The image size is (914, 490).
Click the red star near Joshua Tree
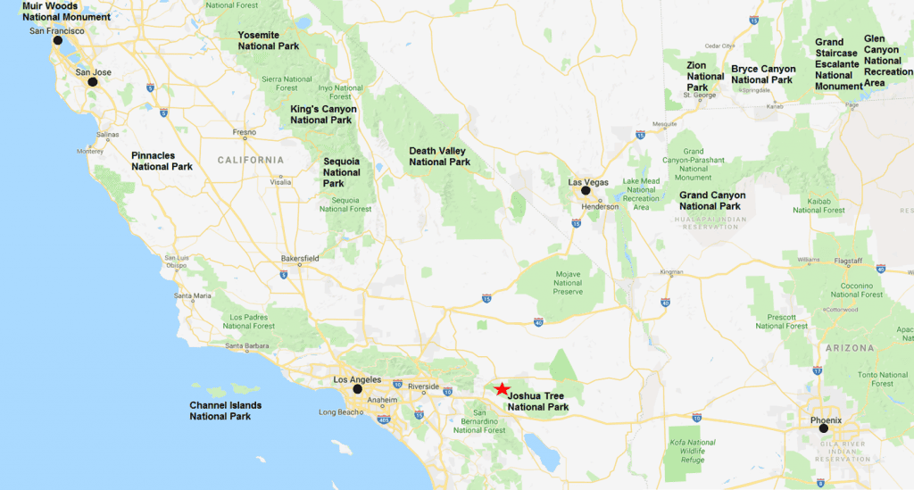pyautogui.click(x=503, y=389)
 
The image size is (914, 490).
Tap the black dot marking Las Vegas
pyautogui.click(x=586, y=190)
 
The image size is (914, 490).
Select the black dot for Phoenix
pyautogui.click(x=823, y=428)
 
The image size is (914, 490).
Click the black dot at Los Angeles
pyautogui.click(x=357, y=389)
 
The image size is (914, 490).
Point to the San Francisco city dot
pyautogui.click(x=58, y=40)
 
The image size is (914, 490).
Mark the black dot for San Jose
pyautogui.click(x=91, y=81)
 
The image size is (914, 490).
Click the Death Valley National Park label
pyautogui.click(x=439, y=156)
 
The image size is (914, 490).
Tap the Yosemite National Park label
pyautogui.click(x=269, y=40)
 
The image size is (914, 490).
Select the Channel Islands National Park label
pyautogui.click(x=225, y=411)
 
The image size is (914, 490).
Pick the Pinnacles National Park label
pyautogui.click(x=162, y=161)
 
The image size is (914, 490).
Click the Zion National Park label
pyautogui.click(x=705, y=76)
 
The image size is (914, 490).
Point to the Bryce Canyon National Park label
pyautogui.click(x=763, y=74)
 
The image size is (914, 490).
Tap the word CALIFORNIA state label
pyautogui.click(x=250, y=160)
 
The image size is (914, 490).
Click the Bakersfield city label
pyautogui.click(x=299, y=258)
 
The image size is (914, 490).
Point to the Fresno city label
pyautogui.click(x=245, y=132)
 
